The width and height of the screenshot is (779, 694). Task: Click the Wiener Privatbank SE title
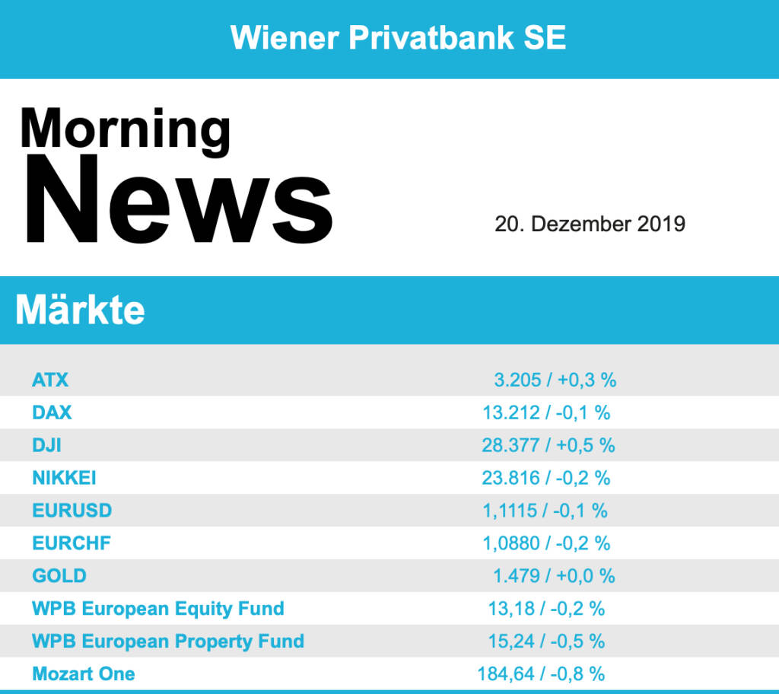coord(398,37)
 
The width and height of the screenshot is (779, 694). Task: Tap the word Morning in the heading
coord(126,127)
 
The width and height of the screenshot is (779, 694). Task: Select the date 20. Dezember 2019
coord(590,224)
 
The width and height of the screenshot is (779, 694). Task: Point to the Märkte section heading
coord(80,310)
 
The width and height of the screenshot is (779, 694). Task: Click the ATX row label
coord(50,380)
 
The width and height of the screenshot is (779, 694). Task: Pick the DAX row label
coord(52,412)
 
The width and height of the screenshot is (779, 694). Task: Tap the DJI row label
coord(46,445)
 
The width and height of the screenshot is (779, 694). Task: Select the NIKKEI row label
coord(64,478)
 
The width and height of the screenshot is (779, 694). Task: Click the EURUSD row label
coord(72,511)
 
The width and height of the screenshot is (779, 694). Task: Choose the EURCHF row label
coord(72,543)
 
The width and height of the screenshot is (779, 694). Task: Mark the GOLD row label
coord(59,576)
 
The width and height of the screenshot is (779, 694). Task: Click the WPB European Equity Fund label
coord(158,609)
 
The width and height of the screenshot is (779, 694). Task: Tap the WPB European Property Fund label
coord(168,641)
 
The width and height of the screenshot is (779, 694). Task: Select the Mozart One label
coord(84,674)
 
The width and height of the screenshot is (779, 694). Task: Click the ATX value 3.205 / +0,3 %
coord(555,380)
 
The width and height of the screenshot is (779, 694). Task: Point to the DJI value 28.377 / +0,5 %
coord(548,445)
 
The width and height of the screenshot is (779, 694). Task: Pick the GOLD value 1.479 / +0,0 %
coord(554,576)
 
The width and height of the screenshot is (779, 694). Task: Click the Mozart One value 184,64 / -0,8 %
coord(541,674)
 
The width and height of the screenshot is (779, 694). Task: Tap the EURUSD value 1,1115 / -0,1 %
coord(545,511)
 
